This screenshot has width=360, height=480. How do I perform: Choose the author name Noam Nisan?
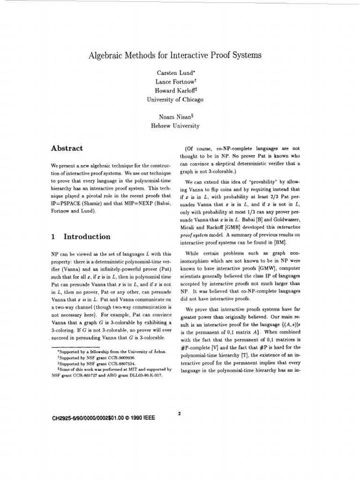tap(173, 117)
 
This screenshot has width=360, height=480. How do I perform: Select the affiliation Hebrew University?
tap(175, 126)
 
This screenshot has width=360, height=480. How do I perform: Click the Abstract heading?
tap(67, 149)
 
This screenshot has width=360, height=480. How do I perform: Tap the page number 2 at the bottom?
tap(180, 413)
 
